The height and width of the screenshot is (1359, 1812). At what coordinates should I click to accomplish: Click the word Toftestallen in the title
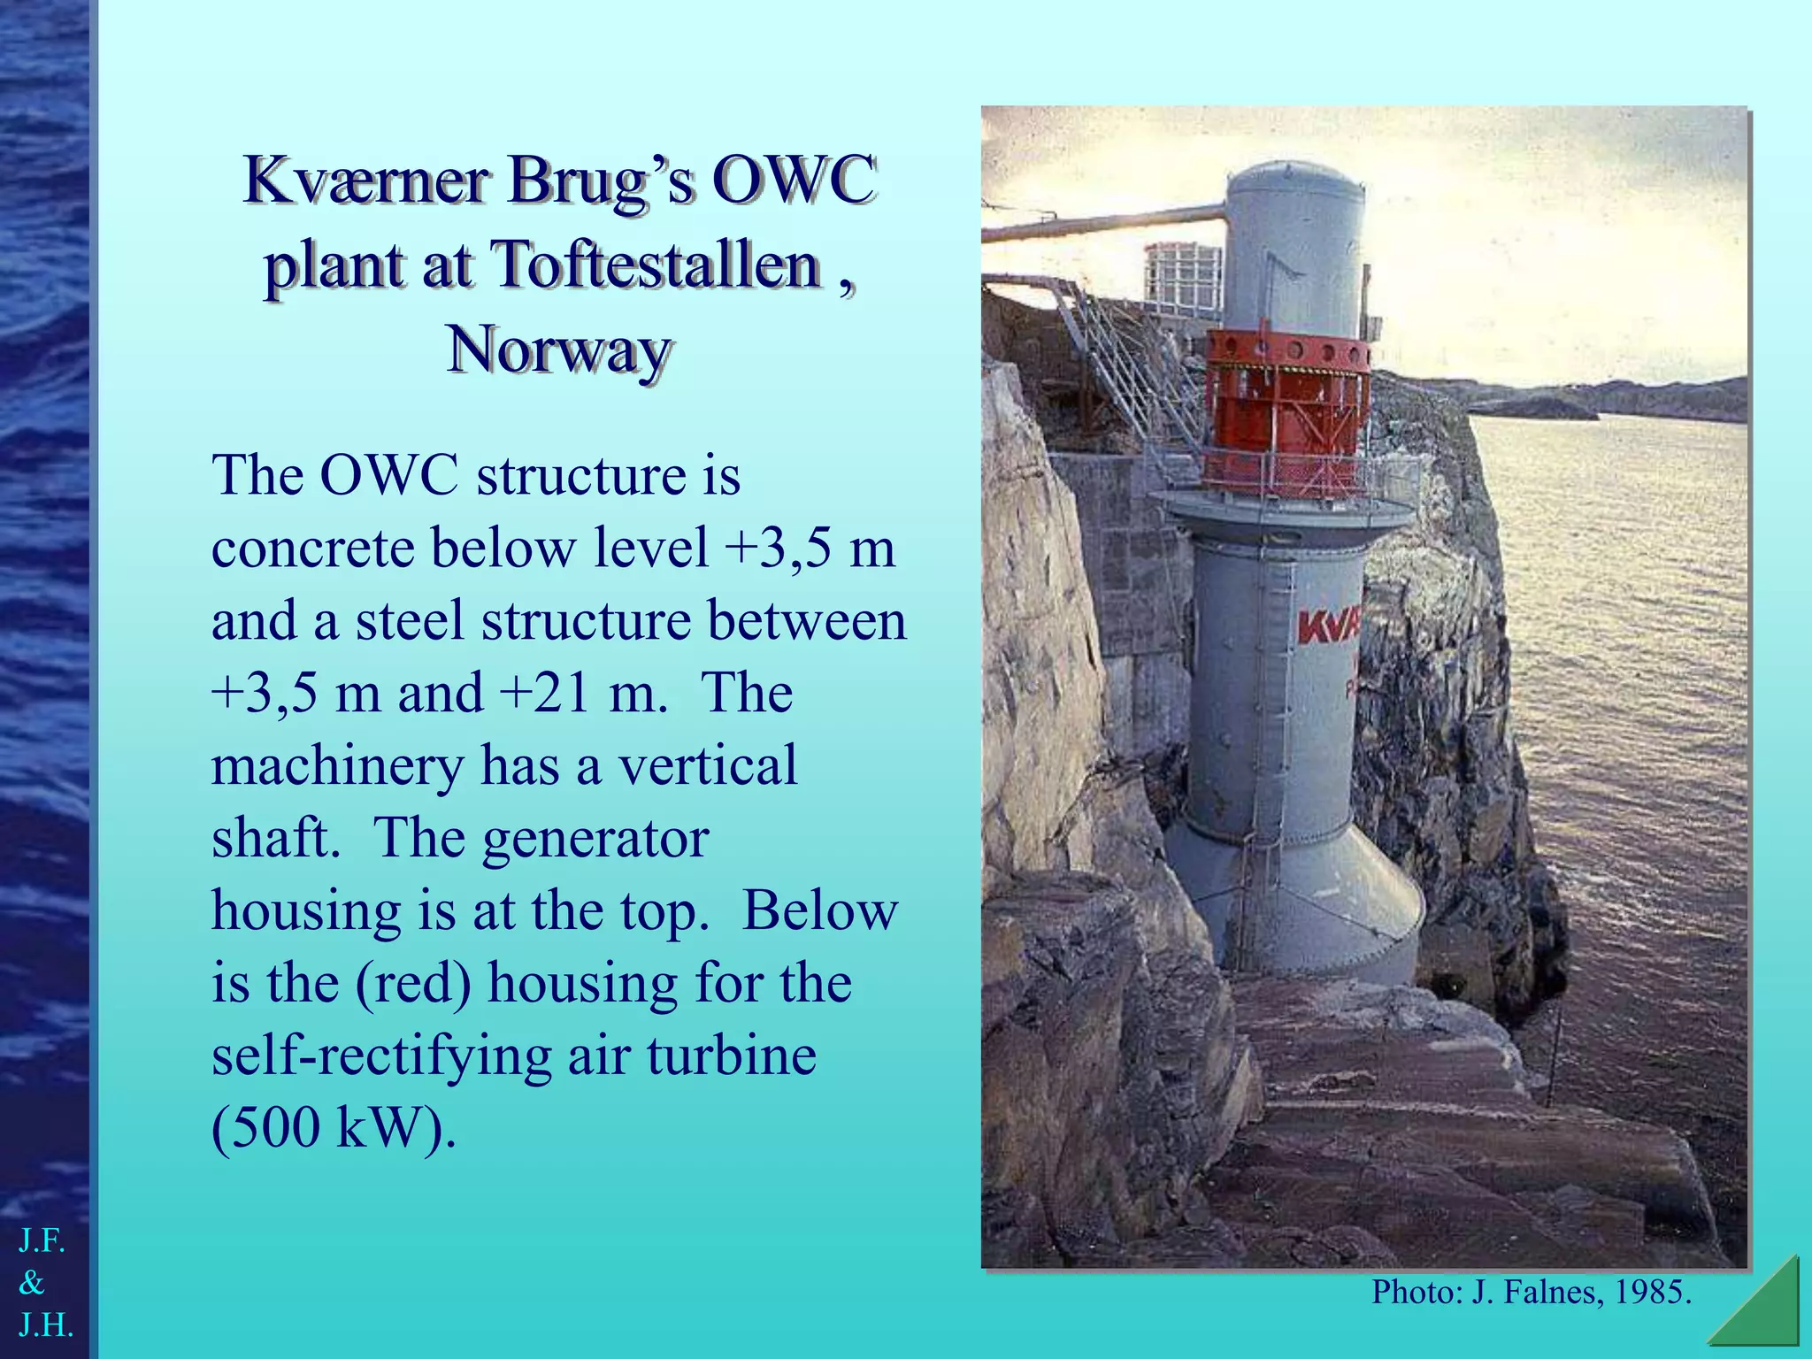tap(655, 265)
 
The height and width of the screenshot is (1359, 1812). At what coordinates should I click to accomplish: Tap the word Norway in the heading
tap(558, 350)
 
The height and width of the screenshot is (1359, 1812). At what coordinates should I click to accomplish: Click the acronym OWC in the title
tap(794, 180)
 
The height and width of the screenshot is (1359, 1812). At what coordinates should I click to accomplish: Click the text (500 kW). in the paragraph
tap(334, 1128)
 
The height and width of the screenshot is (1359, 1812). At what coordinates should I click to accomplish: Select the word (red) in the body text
tap(413, 983)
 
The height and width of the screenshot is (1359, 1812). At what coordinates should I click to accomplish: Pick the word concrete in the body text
tap(313, 549)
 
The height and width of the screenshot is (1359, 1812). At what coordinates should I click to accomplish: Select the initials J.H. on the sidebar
tap(46, 1325)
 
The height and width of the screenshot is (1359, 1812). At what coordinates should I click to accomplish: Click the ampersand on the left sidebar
tap(32, 1283)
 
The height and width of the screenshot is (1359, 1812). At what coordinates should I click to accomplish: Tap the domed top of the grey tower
tap(1294, 181)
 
